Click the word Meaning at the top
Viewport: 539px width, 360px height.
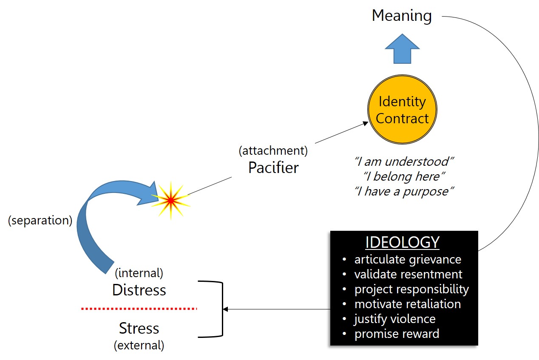(402, 16)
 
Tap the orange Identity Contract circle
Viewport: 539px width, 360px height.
(402, 110)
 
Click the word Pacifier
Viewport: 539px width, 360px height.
(273, 167)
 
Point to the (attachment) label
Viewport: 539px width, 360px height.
(273, 150)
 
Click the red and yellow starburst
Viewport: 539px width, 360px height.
(170, 200)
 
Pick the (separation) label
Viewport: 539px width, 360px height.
(40, 221)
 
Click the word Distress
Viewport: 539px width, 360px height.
(139, 290)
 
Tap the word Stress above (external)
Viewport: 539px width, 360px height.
(139, 328)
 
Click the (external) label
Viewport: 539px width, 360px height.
(139, 345)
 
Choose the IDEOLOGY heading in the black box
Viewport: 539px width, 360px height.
(402, 242)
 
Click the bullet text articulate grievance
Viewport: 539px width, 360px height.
(407, 259)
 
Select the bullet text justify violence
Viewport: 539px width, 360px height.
(395, 319)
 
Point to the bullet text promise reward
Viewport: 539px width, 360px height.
(397, 334)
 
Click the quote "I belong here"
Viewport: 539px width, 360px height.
(402, 176)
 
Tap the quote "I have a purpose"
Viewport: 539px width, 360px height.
(402, 191)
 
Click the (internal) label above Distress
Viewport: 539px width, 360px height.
(139, 273)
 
